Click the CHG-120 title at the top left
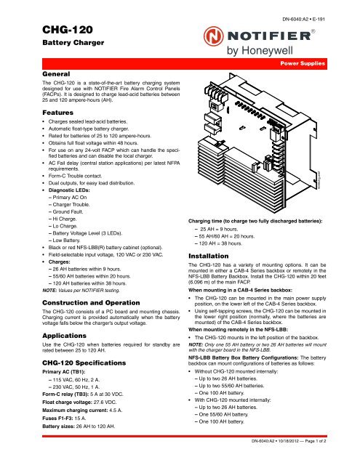pos(68,30)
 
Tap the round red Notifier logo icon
pos(213,36)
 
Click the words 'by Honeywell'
pos(260,50)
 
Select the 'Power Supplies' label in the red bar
pos(303,63)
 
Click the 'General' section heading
pos(56,74)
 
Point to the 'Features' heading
pos(57,113)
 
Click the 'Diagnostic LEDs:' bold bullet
pos(69,190)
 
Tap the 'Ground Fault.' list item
pos(68,211)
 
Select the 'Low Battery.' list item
pos(66,240)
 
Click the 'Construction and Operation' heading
pos(91,303)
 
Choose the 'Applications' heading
pos(64,336)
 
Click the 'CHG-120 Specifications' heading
pos(84,363)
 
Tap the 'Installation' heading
pos(208,256)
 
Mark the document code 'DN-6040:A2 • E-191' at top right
pos(303,20)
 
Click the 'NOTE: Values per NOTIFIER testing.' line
pos(81,291)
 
